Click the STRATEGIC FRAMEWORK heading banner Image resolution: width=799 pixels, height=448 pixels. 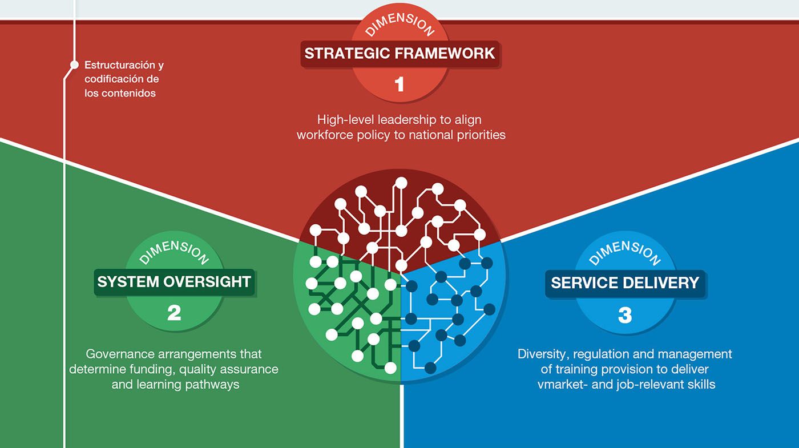399,54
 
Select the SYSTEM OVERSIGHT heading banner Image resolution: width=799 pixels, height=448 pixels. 174,282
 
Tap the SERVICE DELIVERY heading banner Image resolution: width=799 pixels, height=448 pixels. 625,283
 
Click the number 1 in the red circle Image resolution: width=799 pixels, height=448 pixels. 399,84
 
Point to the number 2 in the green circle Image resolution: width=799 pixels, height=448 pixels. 174,313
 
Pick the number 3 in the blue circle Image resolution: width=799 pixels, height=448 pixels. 625,315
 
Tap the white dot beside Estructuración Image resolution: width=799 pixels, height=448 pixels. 74,64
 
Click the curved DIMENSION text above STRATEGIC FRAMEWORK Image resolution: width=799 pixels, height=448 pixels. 399,24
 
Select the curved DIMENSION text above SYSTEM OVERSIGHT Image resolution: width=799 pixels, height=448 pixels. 174,252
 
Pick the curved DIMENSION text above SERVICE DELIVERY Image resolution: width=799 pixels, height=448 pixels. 625,252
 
